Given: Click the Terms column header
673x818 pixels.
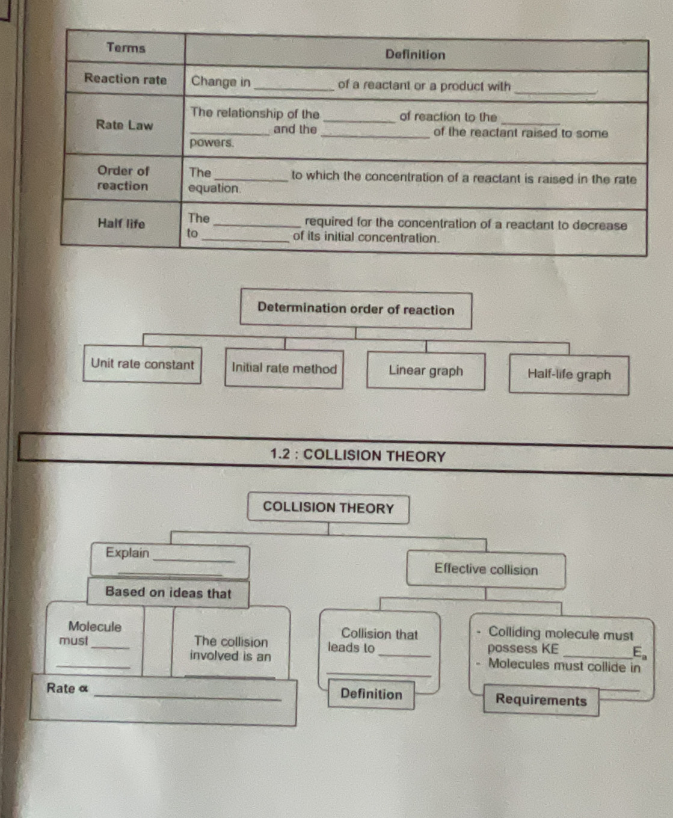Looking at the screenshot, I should coord(126,48).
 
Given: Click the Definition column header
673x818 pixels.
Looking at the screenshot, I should coord(415,55).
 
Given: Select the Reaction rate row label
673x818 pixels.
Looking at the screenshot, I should coord(125,79).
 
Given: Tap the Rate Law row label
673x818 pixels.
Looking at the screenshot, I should coord(124,125).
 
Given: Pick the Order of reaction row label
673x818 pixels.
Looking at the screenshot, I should coord(123,178).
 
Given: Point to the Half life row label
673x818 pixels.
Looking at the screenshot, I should coord(121,224).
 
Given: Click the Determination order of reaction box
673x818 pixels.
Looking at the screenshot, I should coord(355,310).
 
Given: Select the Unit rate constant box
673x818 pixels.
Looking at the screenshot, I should coord(143,364).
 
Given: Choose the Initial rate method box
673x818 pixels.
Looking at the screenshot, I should coord(284,369).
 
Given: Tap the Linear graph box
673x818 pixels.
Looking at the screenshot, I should coord(426,371).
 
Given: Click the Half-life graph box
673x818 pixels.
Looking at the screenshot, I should coord(569,375).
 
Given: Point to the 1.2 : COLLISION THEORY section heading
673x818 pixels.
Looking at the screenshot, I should coord(358,456).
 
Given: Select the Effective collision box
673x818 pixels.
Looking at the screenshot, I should coord(486,570).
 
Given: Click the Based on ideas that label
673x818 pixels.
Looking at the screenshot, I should coord(168,593).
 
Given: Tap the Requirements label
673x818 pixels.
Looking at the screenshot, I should coord(541,701).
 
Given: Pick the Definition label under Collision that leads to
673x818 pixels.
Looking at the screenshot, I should coord(371,694).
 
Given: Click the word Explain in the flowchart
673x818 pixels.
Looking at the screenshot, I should coord(128,553).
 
